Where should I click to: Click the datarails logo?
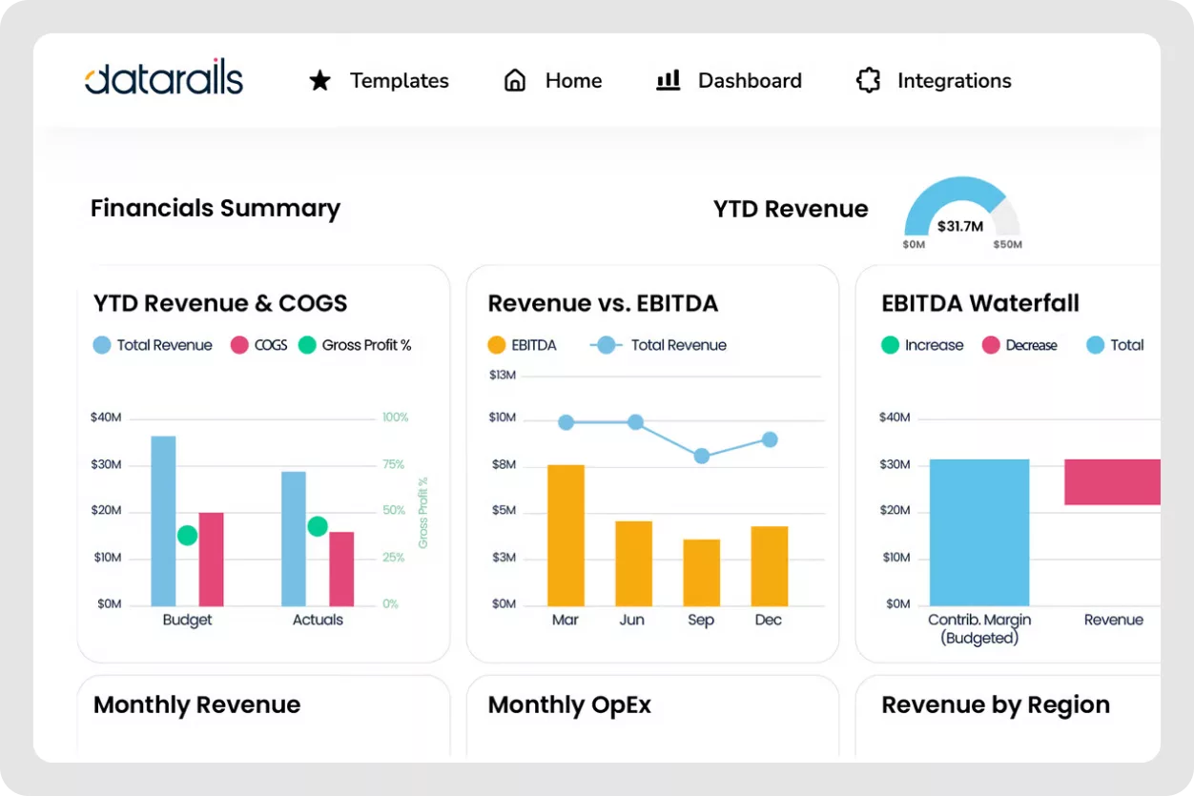point(163,79)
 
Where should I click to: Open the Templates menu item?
point(398,81)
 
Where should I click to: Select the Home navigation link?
point(572,81)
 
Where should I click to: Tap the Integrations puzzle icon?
point(868,81)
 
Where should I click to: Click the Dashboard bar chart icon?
point(668,80)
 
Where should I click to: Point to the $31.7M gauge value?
point(960,226)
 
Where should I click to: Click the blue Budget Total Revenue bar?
point(163,520)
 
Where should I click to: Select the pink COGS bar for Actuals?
point(341,568)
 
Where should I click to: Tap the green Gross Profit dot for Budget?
point(188,536)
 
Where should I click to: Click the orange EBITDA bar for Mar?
point(566,535)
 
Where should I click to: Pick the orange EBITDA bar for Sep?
point(701,572)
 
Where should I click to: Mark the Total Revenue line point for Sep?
point(701,456)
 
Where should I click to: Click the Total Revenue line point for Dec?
point(769,439)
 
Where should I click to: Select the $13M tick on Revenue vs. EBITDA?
point(503,376)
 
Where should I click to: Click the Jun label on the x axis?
point(631,620)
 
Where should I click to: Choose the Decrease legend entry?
point(1030,345)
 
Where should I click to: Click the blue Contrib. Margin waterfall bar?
point(978,532)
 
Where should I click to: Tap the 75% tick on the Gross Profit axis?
point(393,464)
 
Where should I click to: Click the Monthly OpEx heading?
point(569,704)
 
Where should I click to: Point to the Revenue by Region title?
point(995,704)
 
